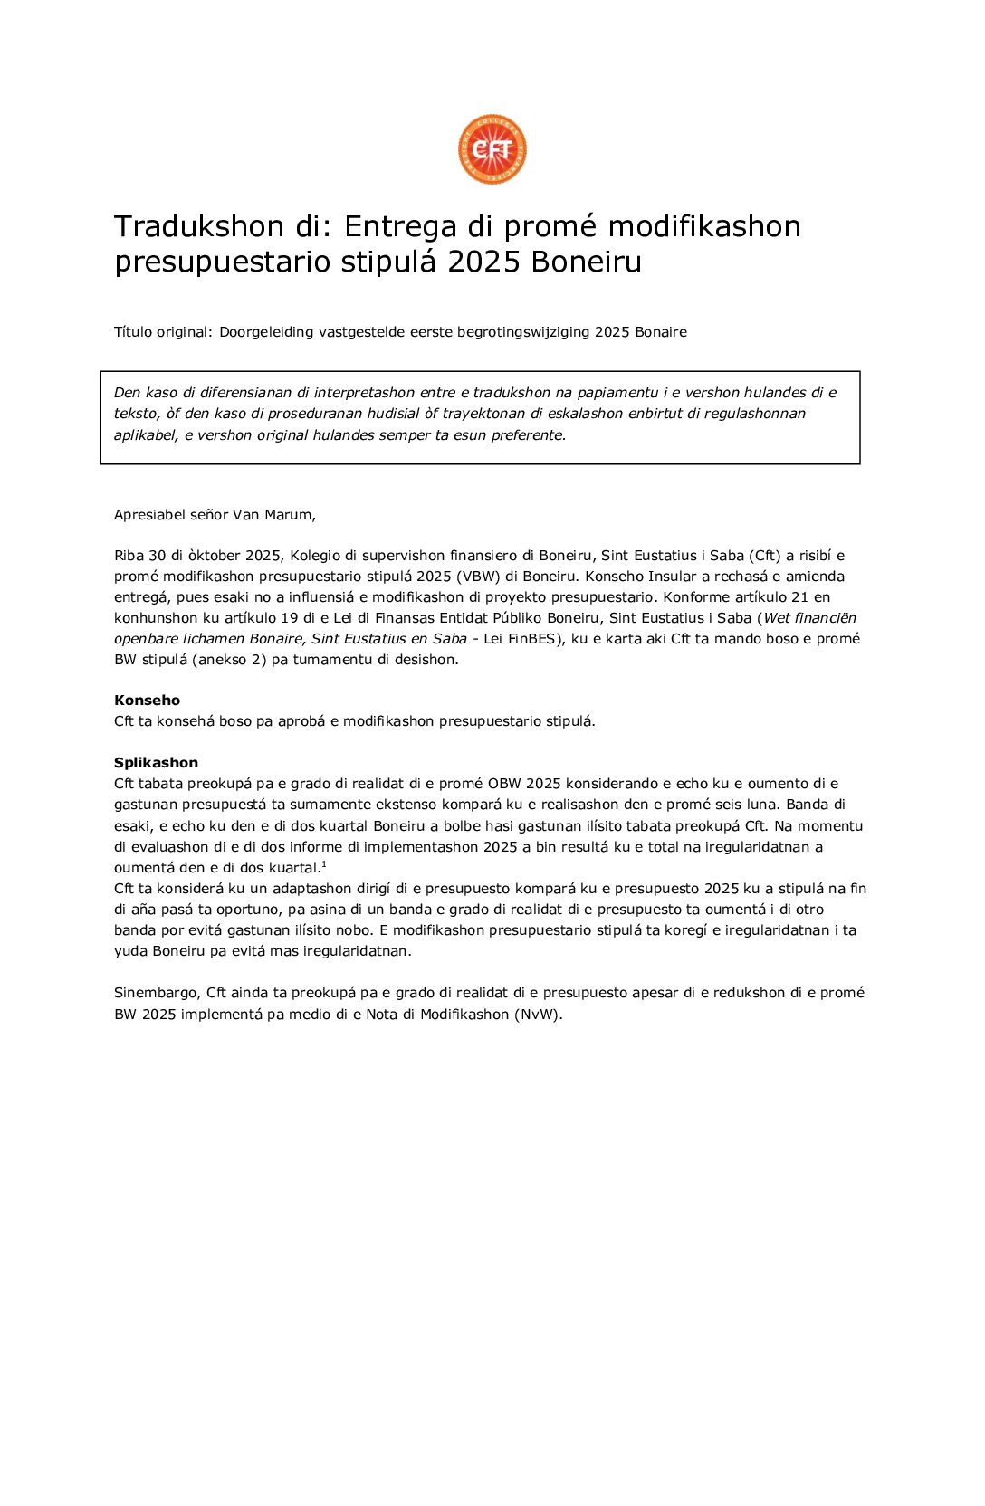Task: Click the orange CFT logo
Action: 492,149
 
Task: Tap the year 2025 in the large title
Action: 483,262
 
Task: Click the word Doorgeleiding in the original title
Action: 266,332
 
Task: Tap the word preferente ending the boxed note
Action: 528,434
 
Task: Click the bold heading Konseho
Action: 147,701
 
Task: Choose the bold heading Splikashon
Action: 156,763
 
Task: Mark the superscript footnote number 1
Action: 324,864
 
